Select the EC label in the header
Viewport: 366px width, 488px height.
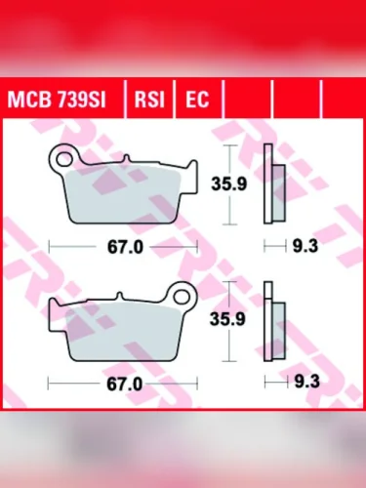click(x=197, y=99)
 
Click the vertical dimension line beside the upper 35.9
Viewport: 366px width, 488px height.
click(x=231, y=183)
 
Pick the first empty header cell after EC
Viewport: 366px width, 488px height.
click(x=249, y=99)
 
